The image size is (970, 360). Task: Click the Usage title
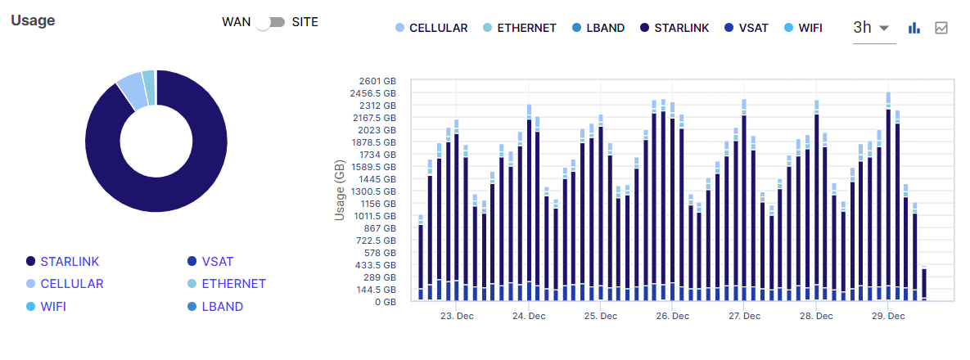pyautogui.click(x=33, y=20)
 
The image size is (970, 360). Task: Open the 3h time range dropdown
pyautogui.click(x=872, y=27)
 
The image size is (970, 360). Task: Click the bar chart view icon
pyautogui.click(x=914, y=28)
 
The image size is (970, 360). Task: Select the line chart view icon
pyautogui.click(x=941, y=28)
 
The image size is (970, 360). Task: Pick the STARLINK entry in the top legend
pyautogui.click(x=675, y=28)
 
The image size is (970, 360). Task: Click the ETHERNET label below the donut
pyautogui.click(x=233, y=284)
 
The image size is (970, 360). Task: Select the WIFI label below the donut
pyautogui.click(x=53, y=307)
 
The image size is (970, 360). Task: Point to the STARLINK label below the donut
pyautogui.click(x=70, y=262)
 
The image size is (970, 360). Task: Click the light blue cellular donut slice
pyautogui.click(x=131, y=89)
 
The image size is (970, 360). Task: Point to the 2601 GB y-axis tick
pyautogui.click(x=377, y=81)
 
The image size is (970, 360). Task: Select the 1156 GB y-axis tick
pyautogui.click(x=377, y=204)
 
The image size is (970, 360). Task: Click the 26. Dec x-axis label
pyautogui.click(x=670, y=316)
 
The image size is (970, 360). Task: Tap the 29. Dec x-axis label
pyautogui.click(x=887, y=316)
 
